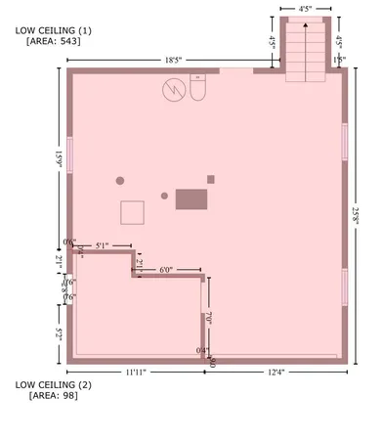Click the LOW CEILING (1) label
[53, 31]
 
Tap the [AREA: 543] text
[54, 43]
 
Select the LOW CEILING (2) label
[53, 384]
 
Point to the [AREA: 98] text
[54, 396]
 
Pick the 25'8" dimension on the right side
[359, 215]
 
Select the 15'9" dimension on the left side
[60, 159]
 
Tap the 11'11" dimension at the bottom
[135, 373]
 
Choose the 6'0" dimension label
[167, 269]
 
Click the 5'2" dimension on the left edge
[60, 333]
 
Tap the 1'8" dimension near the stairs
[339, 61]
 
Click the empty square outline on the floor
[132, 212]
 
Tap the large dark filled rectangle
[191, 198]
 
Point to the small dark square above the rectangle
[210, 179]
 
